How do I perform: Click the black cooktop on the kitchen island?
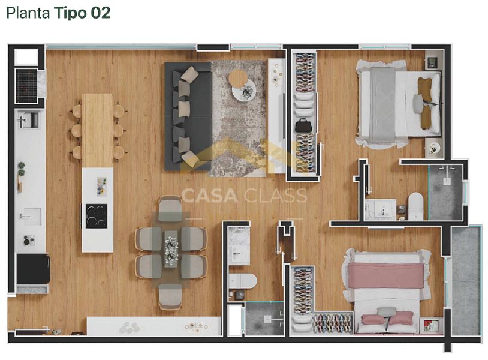(97, 216)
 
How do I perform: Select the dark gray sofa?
(188, 116)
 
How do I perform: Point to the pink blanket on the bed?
(385, 275)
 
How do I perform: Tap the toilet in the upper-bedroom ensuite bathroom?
(416, 206)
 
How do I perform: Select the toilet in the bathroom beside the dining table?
(242, 281)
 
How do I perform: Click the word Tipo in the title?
(71, 13)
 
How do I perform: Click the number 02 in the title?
(101, 13)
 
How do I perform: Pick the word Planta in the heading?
(28, 13)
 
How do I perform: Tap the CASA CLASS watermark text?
(244, 196)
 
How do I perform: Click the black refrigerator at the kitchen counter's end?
(34, 269)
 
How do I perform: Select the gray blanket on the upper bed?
(382, 106)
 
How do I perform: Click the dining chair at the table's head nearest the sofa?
(170, 208)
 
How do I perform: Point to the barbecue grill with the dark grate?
(27, 86)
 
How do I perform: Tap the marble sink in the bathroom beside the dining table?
(239, 246)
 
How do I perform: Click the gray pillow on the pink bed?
(387, 311)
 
